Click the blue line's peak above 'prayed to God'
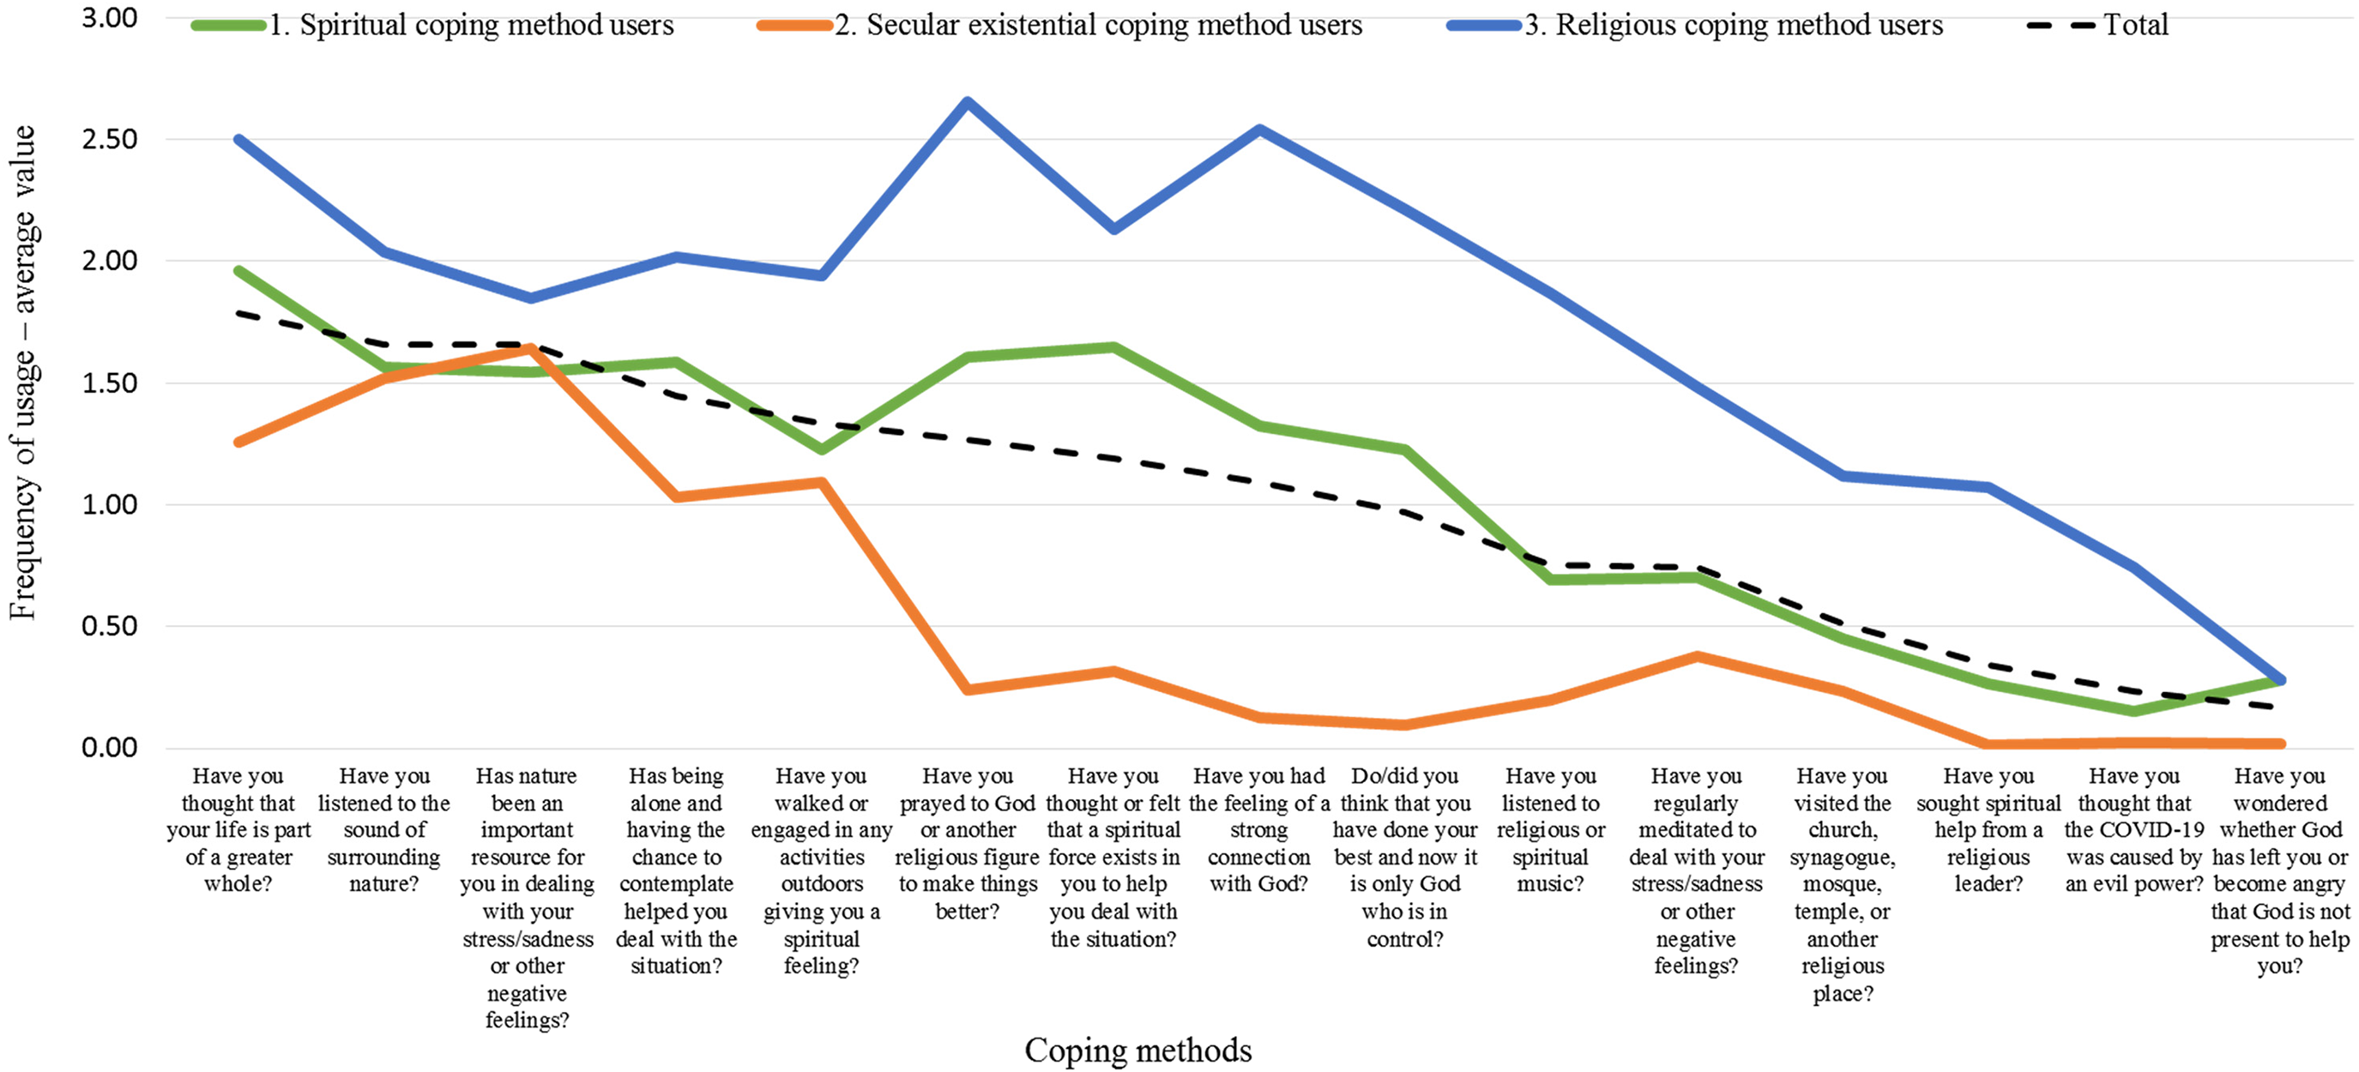click(x=967, y=100)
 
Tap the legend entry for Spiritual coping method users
click(x=432, y=25)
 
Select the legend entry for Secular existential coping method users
click(x=1059, y=25)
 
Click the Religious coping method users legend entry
click(x=1694, y=25)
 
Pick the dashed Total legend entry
click(x=2097, y=25)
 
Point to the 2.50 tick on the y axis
click(x=109, y=139)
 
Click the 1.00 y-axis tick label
click(x=109, y=504)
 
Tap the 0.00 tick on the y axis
click(x=109, y=748)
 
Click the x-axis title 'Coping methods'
click(x=1137, y=1050)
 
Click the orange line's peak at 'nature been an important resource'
click(x=528, y=348)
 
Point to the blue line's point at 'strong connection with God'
click(x=1259, y=129)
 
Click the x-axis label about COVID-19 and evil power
click(x=2133, y=829)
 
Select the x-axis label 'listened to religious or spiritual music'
click(x=1550, y=829)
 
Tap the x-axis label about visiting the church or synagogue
click(x=1843, y=884)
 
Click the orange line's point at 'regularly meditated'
click(x=1697, y=656)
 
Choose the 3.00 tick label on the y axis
click(x=109, y=17)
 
